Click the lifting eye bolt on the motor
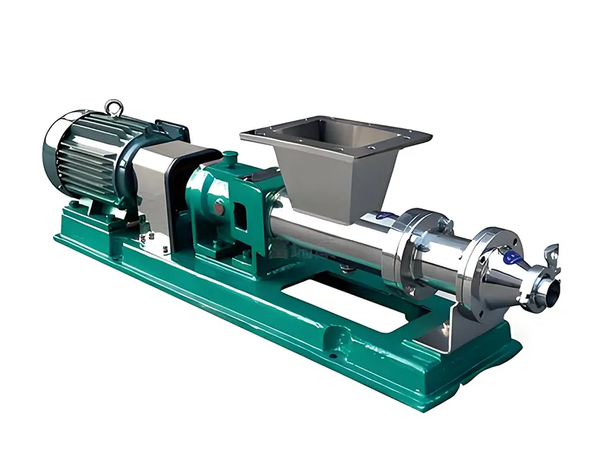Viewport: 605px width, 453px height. [114, 109]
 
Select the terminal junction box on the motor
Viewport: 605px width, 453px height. [171, 131]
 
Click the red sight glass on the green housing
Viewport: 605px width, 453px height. [219, 205]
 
